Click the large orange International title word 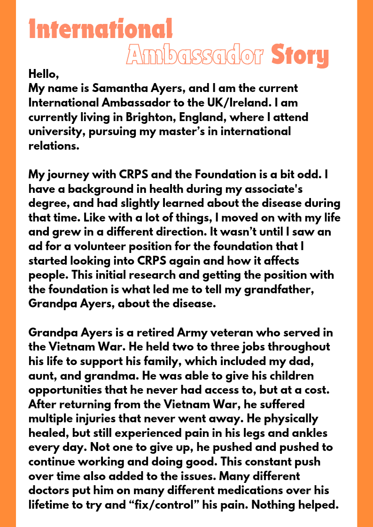(x=101, y=29)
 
